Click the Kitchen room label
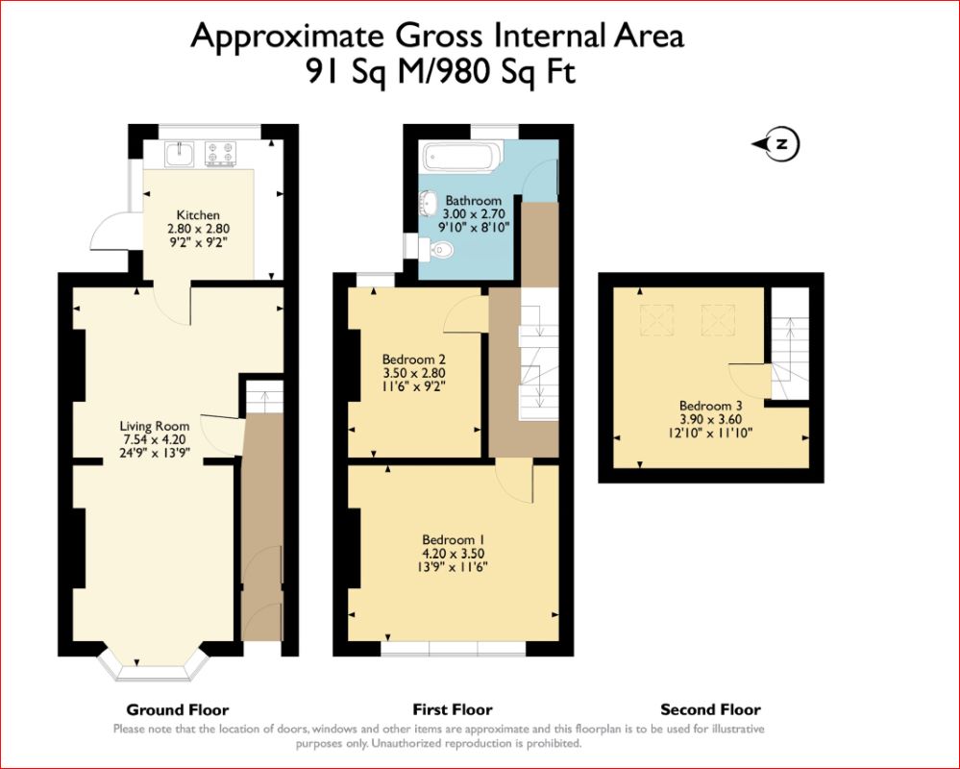198,215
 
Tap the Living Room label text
155,426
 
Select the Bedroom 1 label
454,540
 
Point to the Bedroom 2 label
413,360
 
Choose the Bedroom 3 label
711,406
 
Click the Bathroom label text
473,201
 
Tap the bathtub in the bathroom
463,156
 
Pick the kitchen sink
180,154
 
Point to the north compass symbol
776,144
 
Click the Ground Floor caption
178,710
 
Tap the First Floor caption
453,710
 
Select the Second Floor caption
710,710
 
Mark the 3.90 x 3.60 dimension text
711,419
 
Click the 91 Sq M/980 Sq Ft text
441,72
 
